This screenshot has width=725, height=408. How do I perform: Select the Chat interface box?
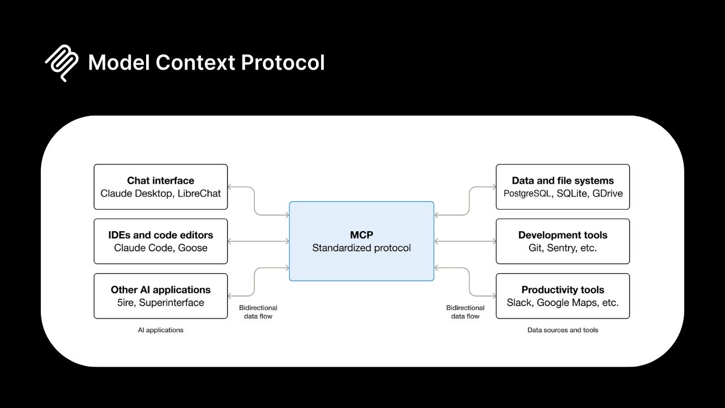tap(160, 186)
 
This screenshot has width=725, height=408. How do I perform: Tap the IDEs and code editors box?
tap(160, 241)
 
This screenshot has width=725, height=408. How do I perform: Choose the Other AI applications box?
tap(160, 296)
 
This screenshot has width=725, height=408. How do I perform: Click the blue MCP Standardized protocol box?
tap(361, 241)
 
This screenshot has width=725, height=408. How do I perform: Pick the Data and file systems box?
tap(562, 186)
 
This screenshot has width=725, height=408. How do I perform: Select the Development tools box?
tap(562, 241)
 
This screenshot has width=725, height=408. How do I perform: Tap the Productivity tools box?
tap(562, 296)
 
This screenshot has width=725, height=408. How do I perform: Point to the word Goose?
tap(194, 248)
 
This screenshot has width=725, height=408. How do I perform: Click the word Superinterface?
tap(171, 303)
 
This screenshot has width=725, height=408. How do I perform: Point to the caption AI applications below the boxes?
tap(160, 330)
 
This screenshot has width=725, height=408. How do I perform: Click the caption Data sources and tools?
tap(562, 330)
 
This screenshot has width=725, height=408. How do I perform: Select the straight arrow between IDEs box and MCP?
tap(258, 241)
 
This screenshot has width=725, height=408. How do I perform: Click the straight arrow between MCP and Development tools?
tap(465, 241)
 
